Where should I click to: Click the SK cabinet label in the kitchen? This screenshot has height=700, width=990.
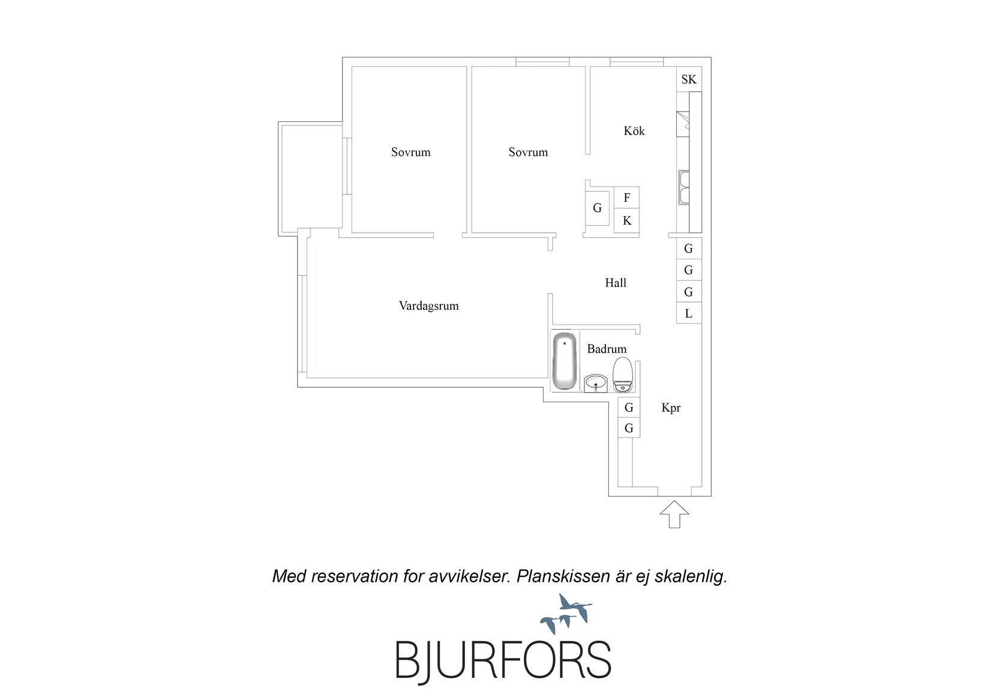[x=689, y=80]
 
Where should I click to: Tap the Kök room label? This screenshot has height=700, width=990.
[x=634, y=131]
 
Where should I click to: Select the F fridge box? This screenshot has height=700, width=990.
[x=626, y=198]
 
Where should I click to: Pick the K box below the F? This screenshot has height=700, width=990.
[x=626, y=220]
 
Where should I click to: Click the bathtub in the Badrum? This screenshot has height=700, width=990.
[x=565, y=361]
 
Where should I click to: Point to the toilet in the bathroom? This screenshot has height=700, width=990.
[x=623, y=375]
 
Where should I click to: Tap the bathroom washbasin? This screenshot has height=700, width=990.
[x=596, y=384]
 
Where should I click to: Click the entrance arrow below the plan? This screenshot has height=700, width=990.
[x=674, y=514]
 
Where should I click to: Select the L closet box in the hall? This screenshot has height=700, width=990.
[x=689, y=313]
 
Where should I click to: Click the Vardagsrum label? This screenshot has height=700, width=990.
[x=429, y=306]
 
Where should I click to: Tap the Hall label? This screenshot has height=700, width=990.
[x=616, y=283]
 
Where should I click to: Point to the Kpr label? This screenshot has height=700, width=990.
[x=671, y=408]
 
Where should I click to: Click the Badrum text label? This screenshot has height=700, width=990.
[x=607, y=349]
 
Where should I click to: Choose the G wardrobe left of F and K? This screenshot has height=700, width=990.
[x=597, y=208]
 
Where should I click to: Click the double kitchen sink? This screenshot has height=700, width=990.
[x=684, y=187]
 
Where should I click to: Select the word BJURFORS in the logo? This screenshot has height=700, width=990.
[x=503, y=660]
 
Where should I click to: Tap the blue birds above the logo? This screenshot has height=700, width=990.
[x=566, y=614]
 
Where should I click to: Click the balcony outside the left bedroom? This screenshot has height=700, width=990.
[x=310, y=179]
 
